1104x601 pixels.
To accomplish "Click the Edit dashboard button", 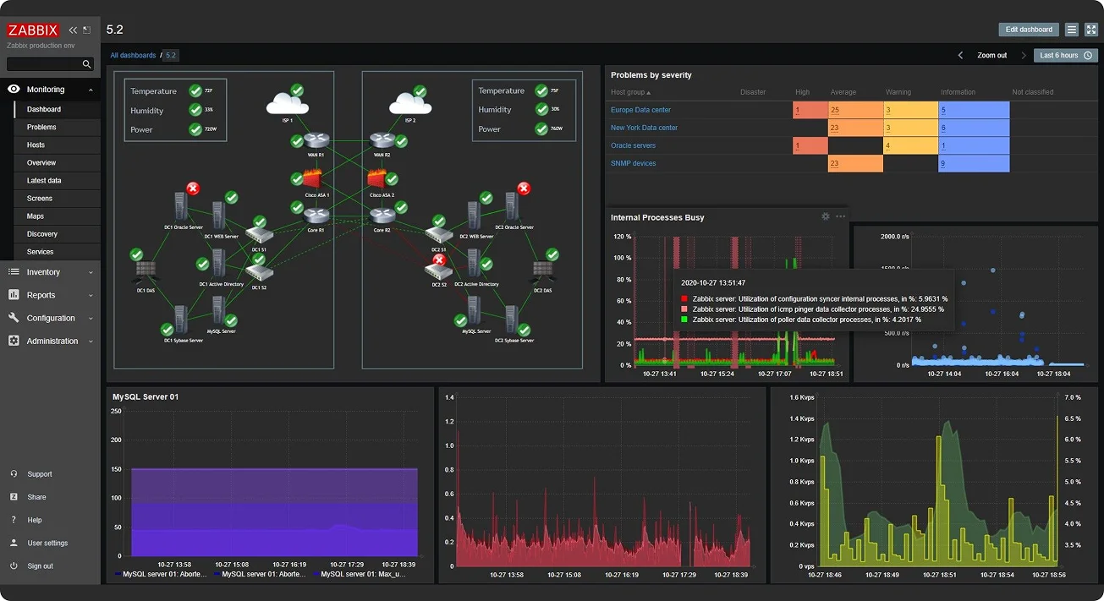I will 1028,30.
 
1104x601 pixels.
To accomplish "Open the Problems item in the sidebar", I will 41,127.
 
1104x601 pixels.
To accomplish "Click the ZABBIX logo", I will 33,30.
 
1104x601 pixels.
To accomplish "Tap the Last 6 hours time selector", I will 1065,56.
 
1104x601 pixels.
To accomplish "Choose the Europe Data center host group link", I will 640,110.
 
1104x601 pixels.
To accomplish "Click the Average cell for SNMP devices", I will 855,163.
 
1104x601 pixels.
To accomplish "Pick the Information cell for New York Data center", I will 974,128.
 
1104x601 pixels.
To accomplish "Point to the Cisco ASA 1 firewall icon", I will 314,180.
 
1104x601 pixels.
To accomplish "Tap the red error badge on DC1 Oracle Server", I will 193,188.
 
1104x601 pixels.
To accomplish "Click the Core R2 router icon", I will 383,216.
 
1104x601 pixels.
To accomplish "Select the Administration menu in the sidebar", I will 52,341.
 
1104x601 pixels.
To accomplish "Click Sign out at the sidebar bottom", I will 40,566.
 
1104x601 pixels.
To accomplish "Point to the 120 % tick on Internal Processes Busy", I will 622,237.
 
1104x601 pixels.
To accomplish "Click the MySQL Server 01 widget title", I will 146,396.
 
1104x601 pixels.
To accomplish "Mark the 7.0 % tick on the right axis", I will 1072,397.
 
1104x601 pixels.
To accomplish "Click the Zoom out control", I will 991,56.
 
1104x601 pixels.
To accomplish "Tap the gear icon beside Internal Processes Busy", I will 826,217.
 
